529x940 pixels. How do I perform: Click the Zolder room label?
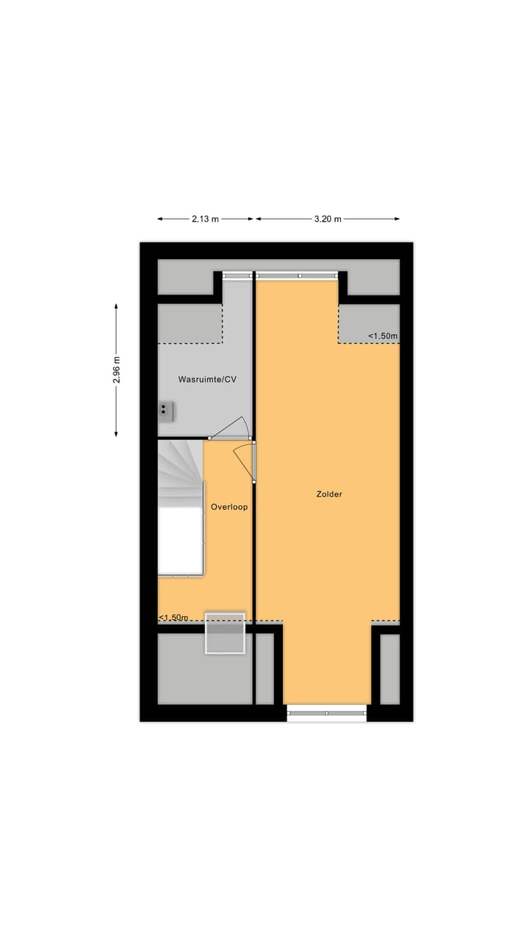329,494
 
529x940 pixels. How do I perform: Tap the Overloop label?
229,507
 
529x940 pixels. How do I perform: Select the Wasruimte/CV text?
207,380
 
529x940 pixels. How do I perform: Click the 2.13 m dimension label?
205,219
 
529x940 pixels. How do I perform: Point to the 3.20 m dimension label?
328,219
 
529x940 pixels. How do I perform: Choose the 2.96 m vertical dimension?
116,370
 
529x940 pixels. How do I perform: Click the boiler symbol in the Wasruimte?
167,411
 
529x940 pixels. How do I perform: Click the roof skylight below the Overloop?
224,632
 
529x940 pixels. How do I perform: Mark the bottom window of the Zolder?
326,712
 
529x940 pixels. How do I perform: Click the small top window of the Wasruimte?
237,275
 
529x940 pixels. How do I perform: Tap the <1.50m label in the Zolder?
383,336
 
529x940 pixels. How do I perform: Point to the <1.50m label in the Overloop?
173,618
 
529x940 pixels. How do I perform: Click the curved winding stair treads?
179,470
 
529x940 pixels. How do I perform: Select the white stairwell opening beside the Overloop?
180,540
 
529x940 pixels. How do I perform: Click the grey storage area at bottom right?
389,668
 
